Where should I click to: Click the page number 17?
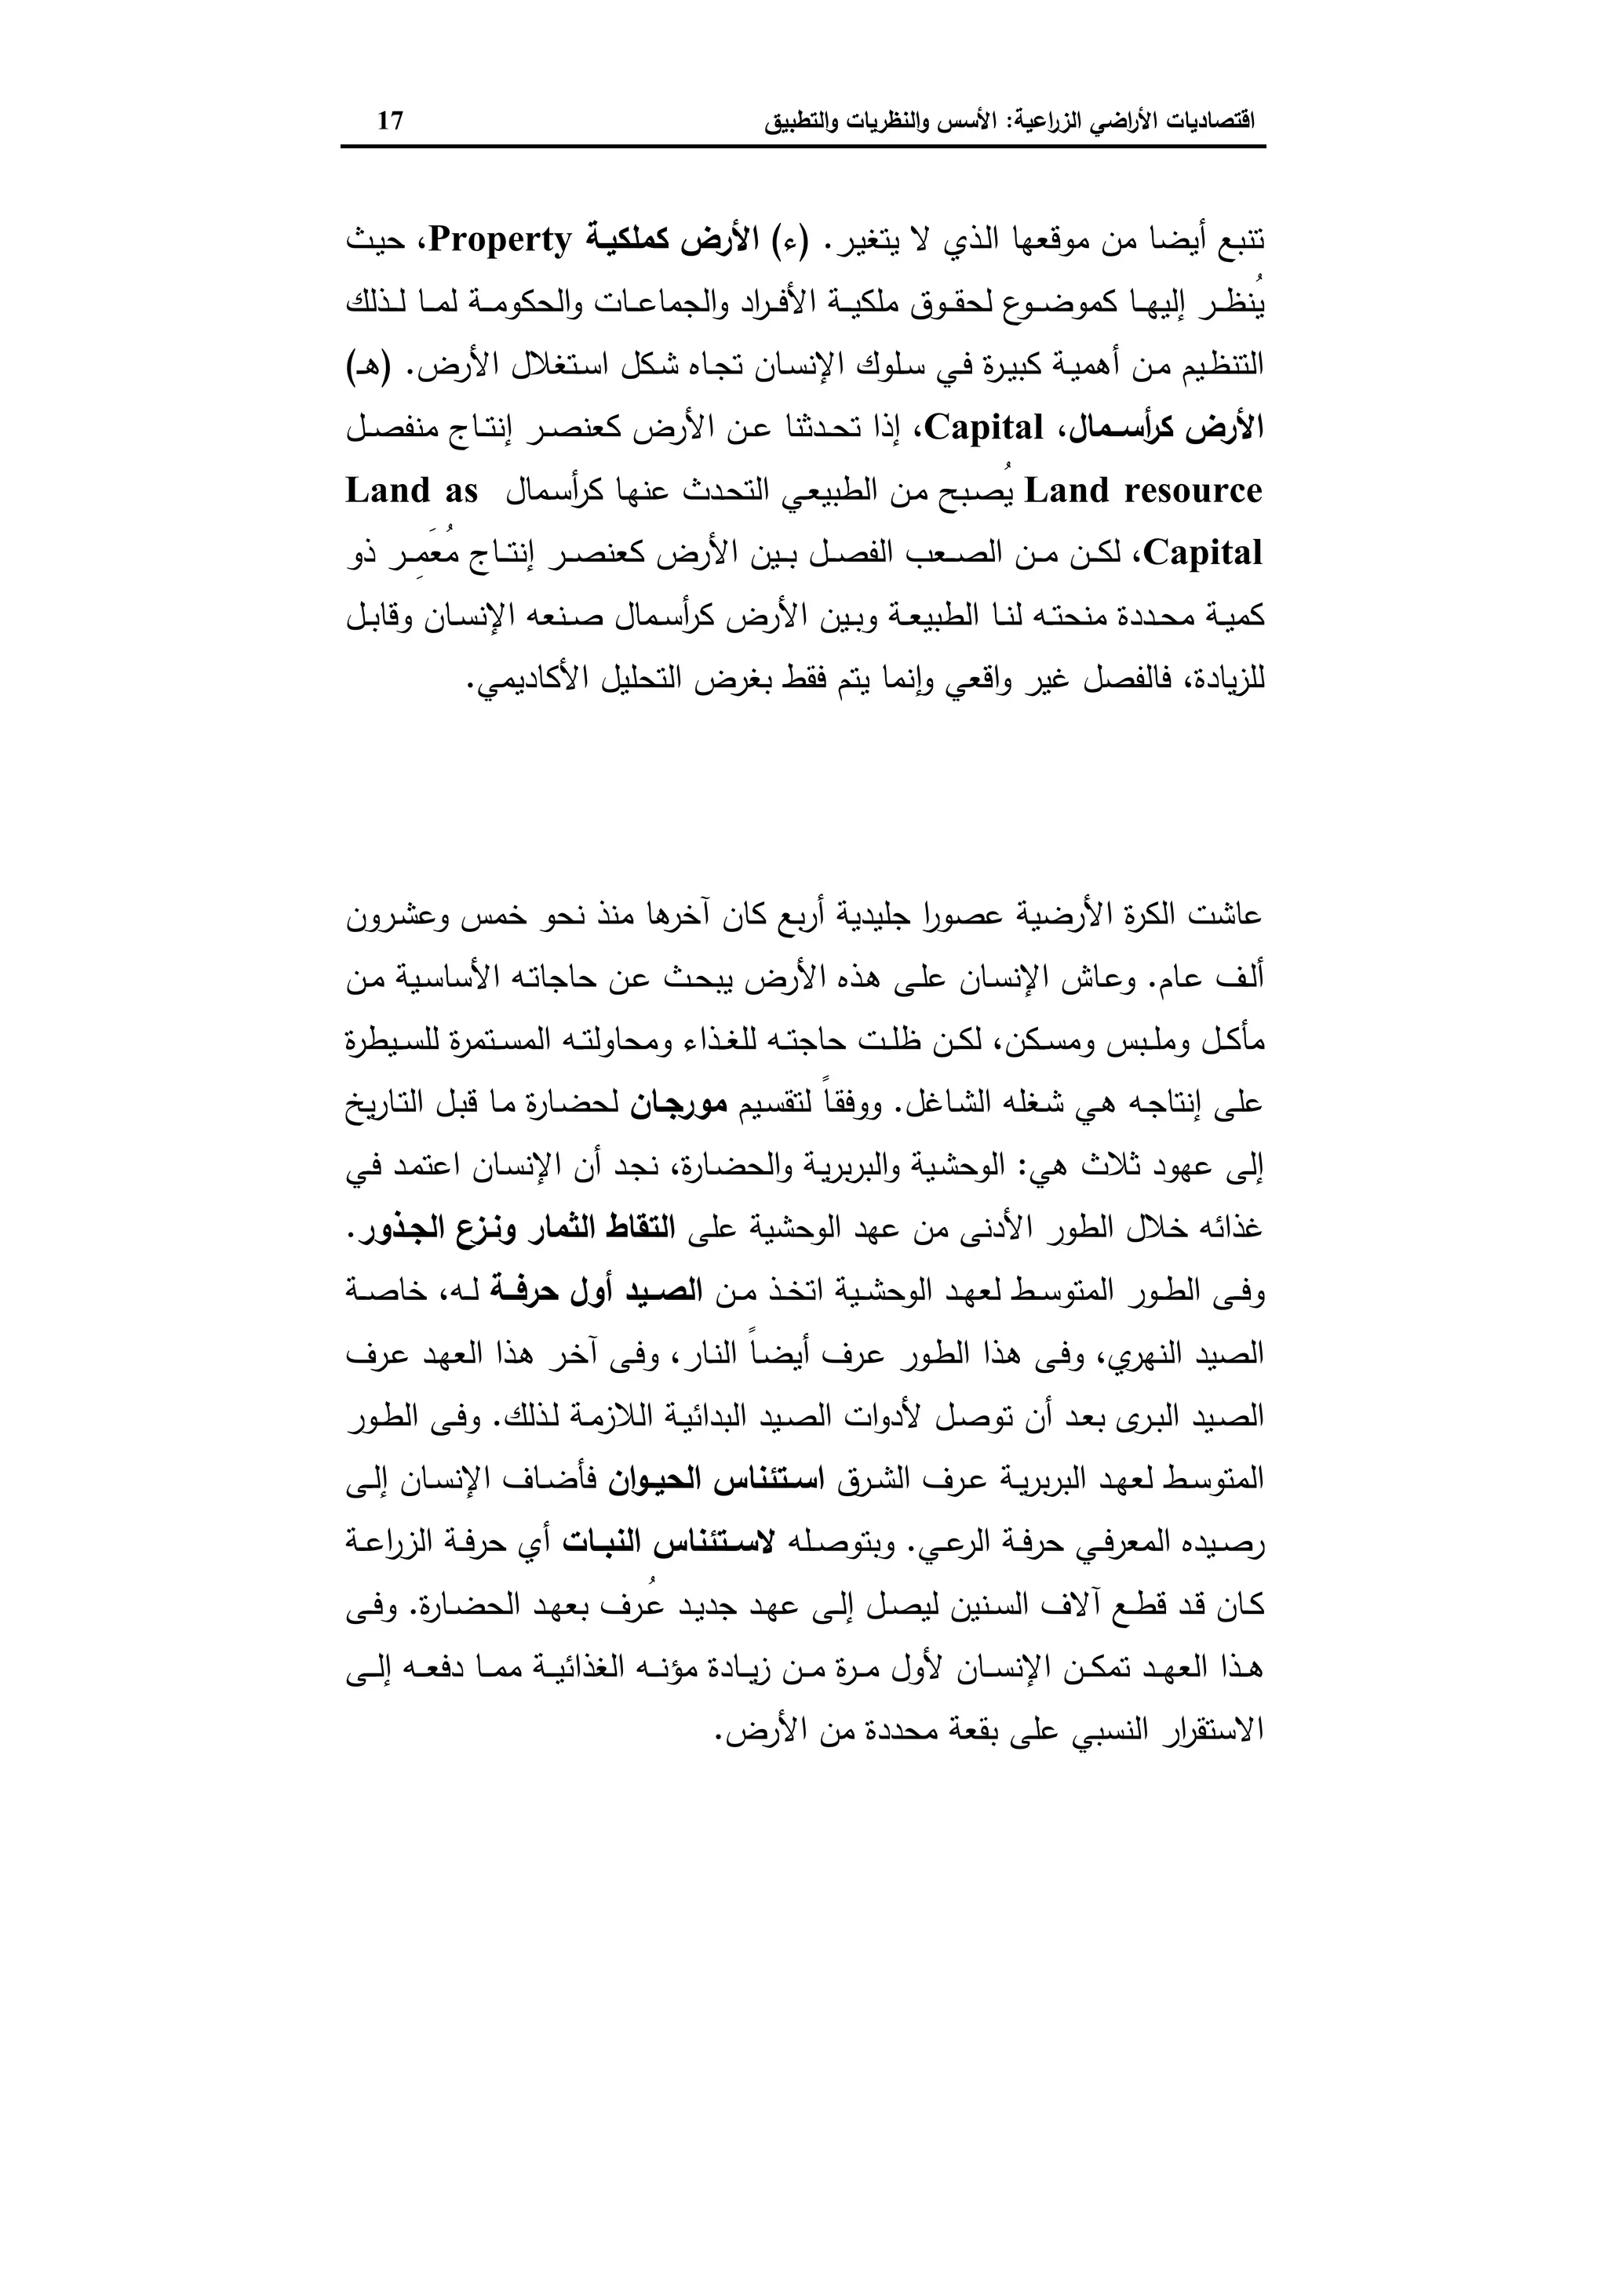(391, 122)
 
